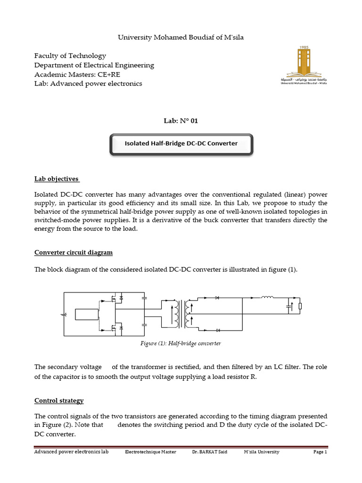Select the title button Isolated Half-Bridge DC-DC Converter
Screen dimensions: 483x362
[x=181, y=143]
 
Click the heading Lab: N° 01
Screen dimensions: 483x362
[x=181, y=121]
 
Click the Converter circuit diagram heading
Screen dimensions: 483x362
[x=74, y=252]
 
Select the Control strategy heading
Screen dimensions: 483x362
[x=59, y=400]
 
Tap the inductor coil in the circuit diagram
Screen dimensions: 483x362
[x=267, y=297]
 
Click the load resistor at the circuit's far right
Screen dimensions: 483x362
[x=300, y=307]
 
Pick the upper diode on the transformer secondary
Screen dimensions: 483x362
[x=217, y=298]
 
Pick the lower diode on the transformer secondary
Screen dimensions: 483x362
[x=217, y=330]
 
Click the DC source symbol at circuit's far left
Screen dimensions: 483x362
[x=64, y=314]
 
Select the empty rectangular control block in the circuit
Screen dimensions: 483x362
[x=86, y=314]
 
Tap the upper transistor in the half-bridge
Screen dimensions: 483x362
[x=113, y=299]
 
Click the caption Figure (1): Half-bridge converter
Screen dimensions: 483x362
[x=181, y=343]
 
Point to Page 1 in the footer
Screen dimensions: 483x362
[x=320, y=452]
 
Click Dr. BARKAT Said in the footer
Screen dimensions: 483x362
[x=210, y=452]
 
